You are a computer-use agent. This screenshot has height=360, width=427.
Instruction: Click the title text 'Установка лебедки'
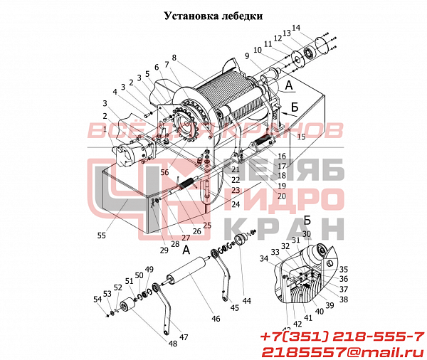(x=213, y=15)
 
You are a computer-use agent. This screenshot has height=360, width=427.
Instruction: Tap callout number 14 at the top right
(x=297, y=28)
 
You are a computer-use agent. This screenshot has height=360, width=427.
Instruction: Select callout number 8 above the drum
(x=174, y=57)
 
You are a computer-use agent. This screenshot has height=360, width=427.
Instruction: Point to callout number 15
(x=302, y=136)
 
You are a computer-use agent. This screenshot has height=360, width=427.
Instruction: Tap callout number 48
(x=174, y=343)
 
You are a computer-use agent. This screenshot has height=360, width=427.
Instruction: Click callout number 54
(x=98, y=300)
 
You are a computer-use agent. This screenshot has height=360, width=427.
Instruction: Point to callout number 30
(x=306, y=233)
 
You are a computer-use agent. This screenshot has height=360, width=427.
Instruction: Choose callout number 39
(x=330, y=305)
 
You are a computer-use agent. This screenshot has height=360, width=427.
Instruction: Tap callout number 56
(x=164, y=172)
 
